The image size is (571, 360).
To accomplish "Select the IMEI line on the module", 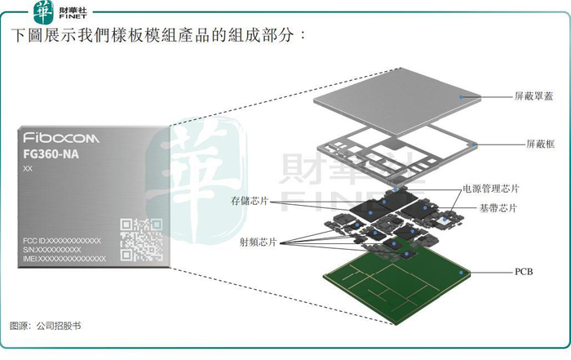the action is tap(64, 258).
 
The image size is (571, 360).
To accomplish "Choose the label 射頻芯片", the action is tap(258, 242).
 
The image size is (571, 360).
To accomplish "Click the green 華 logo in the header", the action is tap(41, 11).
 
